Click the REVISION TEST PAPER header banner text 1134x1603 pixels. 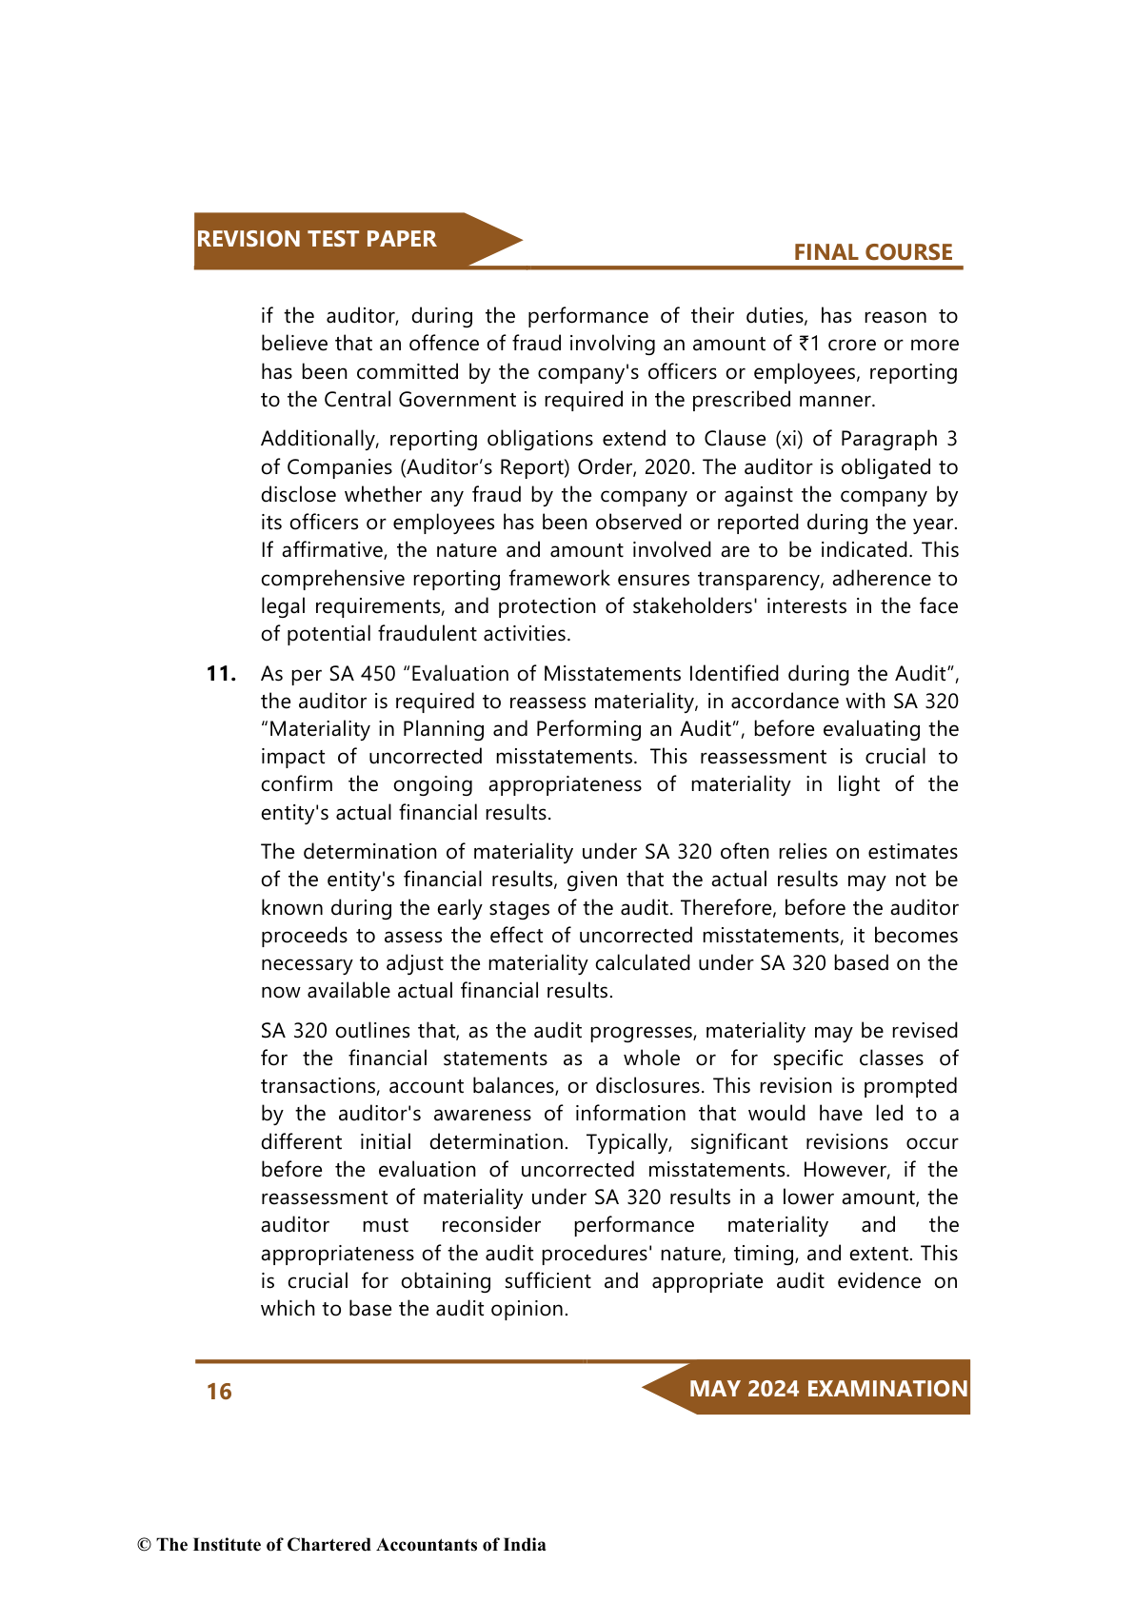click(316, 239)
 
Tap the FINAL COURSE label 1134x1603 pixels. click(872, 252)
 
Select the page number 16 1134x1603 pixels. click(219, 1392)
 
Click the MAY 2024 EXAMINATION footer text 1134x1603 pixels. click(827, 1389)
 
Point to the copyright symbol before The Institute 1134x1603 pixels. click(144, 1545)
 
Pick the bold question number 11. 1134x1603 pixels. click(221, 674)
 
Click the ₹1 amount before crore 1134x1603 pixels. click(809, 344)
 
